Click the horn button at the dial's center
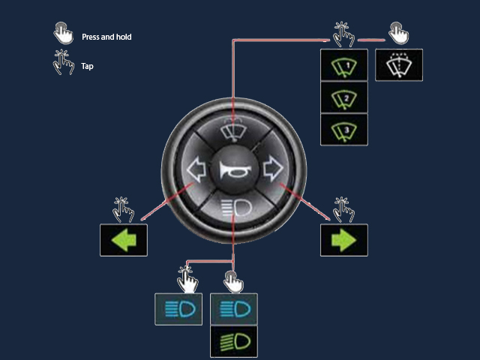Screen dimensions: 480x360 [x=234, y=169]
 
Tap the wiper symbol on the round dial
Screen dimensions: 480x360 [x=233, y=130]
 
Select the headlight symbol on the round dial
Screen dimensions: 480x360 [x=237, y=208]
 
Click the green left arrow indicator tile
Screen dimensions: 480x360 [x=124, y=240]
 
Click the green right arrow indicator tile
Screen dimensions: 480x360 [x=344, y=240]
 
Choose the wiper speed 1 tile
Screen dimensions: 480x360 [x=344, y=65]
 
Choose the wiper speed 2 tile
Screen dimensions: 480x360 [x=344, y=97]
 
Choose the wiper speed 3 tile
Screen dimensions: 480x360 [x=344, y=130]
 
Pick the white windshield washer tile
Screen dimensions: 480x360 [x=399, y=65]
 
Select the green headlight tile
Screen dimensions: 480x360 [x=234, y=342]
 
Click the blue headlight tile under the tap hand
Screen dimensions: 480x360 [x=178, y=309]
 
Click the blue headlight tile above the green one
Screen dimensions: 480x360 [x=234, y=309]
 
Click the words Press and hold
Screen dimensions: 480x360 [x=106, y=37]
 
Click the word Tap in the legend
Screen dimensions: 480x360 [x=87, y=66]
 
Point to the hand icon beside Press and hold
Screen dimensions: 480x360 [x=63, y=33]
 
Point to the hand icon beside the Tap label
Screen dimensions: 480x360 [x=63, y=62]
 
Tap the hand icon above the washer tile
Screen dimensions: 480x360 [x=399, y=33]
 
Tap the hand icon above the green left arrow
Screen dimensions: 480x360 [x=123, y=210]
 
